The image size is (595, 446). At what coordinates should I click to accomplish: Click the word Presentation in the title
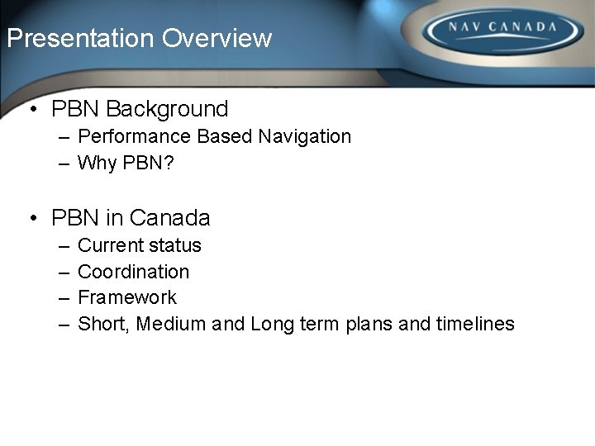coord(80,38)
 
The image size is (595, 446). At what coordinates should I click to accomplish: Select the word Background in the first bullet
coord(167,109)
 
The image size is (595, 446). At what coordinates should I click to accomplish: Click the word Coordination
coord(133,272)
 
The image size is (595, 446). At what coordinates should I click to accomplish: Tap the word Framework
coord(127,297)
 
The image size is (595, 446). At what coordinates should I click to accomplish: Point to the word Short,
coord(104,324)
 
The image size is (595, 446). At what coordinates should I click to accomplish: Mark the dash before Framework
coord(64,298)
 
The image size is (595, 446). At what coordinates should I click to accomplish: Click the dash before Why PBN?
coord(64,164)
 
